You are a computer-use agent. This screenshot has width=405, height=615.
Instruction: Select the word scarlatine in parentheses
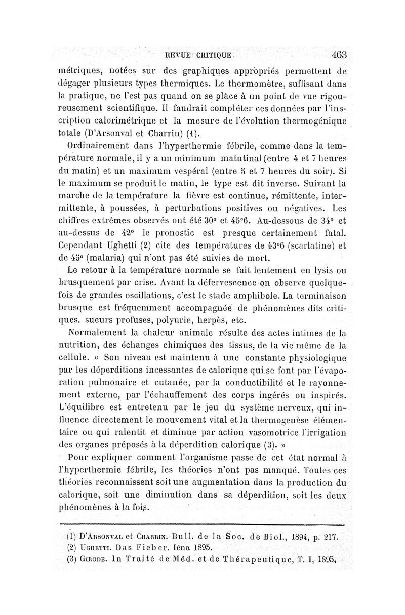[x=308, y=247]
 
